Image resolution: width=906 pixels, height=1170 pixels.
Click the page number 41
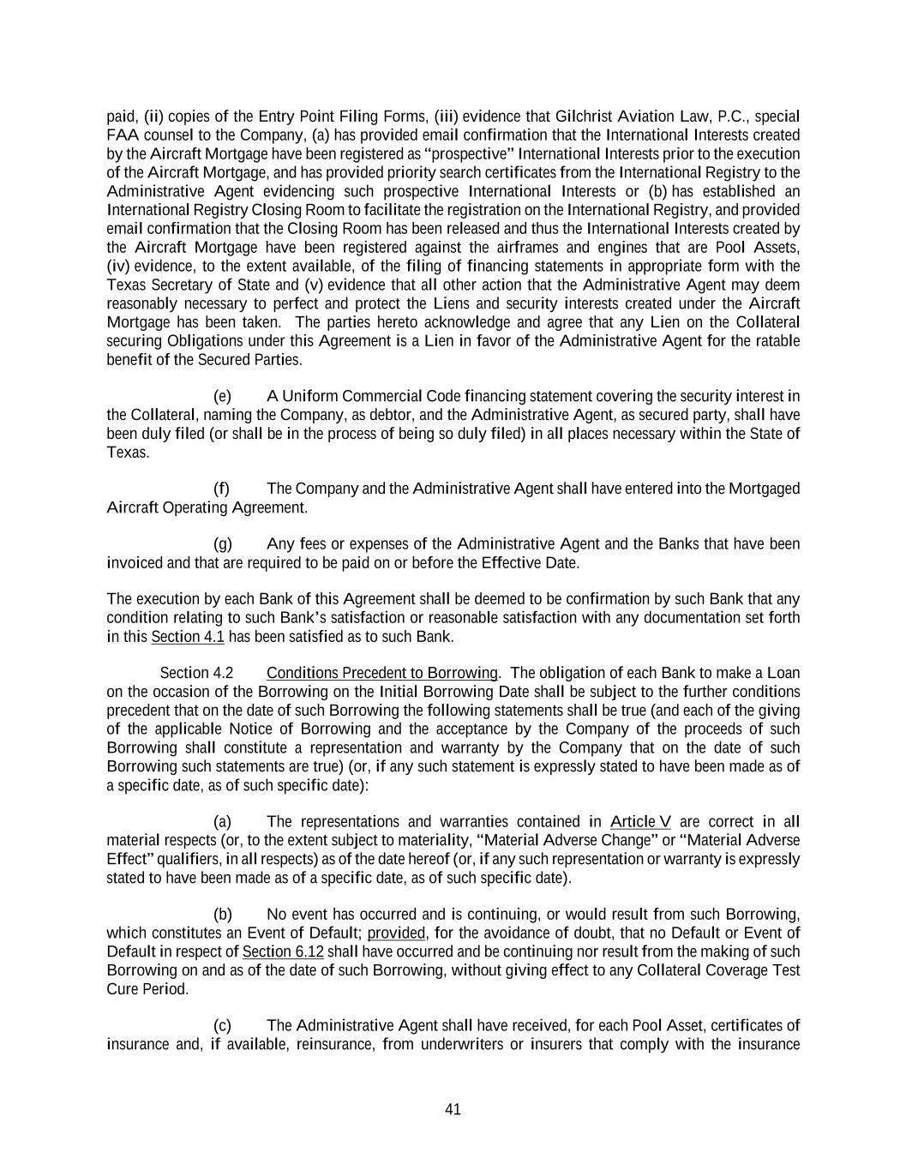pos(453,1109)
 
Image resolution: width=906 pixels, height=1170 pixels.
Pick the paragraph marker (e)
pos(223,396)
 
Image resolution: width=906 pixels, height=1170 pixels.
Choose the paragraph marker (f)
pos(222,489)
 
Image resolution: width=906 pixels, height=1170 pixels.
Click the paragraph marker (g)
pos(223,544)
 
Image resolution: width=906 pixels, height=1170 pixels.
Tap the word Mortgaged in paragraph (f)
pos(765,489)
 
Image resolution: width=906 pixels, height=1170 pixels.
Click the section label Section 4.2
pos(196,673)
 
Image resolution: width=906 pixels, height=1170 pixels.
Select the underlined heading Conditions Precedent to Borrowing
pos(382,673)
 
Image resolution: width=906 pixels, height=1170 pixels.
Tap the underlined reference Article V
pos(641,822)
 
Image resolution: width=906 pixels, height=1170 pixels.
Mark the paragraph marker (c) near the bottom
pos(223,1026)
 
